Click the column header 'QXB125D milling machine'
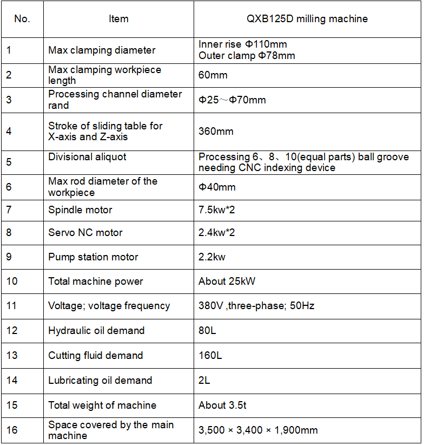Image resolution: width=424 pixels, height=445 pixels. click(307, 19)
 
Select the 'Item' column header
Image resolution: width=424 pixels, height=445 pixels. click(118, 19)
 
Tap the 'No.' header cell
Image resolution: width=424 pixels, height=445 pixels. click(22, 19)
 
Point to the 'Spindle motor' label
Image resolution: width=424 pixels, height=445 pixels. click(80, 210)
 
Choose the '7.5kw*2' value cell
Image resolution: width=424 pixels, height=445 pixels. click(217, 210)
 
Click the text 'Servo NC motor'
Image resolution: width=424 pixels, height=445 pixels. click(85, 233)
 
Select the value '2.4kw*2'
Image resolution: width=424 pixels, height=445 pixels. click(217, 233)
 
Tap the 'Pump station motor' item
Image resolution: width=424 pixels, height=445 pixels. click(93, 257)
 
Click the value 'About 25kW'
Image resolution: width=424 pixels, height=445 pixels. click(227, 282)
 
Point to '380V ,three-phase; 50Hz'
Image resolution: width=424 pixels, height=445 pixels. click(256, 306)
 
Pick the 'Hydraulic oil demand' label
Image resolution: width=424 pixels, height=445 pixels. click(96, 331)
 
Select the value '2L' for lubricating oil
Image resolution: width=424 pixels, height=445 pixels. click(204, 381)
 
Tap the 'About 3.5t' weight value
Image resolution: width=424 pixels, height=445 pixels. click(223, 405)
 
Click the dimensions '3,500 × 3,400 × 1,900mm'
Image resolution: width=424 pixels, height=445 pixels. click(258, 430)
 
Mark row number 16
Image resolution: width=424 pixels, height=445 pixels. click(12, 430)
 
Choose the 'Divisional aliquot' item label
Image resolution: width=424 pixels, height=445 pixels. click(87, 157)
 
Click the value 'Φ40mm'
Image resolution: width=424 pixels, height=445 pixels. click(217, 187)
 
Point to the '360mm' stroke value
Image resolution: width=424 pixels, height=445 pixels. click(216, 132)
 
